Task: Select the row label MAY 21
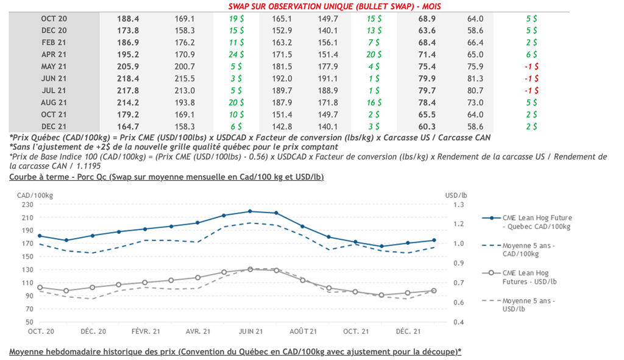point(54,66)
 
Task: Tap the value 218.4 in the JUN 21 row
point(128,79)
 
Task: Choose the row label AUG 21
point(54,102)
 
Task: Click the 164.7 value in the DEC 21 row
point(128,126)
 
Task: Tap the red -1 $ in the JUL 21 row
point(531,90)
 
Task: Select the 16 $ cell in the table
point(375,102)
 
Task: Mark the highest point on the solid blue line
point(250,211)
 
